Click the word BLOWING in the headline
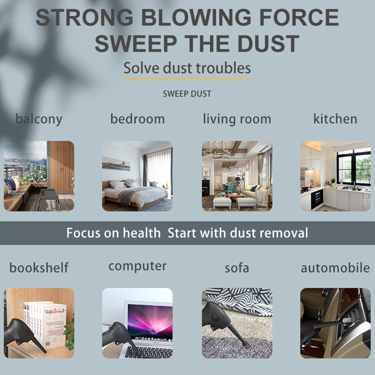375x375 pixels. click(196, 17)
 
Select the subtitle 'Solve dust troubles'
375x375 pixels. click(187, 68)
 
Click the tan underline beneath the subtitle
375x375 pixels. click(187, 79)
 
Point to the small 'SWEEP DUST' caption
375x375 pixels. click(187, 94)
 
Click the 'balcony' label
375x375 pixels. click(39, 120)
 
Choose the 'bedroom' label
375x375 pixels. click(137, 119)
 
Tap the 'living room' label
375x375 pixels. click(237, 119)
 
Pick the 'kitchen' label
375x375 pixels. click(335, 119)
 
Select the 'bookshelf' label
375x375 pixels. click(39, 267)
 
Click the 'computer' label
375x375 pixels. click(137, 266)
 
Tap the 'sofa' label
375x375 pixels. click(237, 268)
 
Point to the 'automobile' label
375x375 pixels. click(335, 268)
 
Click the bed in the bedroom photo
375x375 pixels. click(135, 194)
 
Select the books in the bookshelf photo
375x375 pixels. click(45, 323)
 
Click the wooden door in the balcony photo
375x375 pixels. click(62, 167)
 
